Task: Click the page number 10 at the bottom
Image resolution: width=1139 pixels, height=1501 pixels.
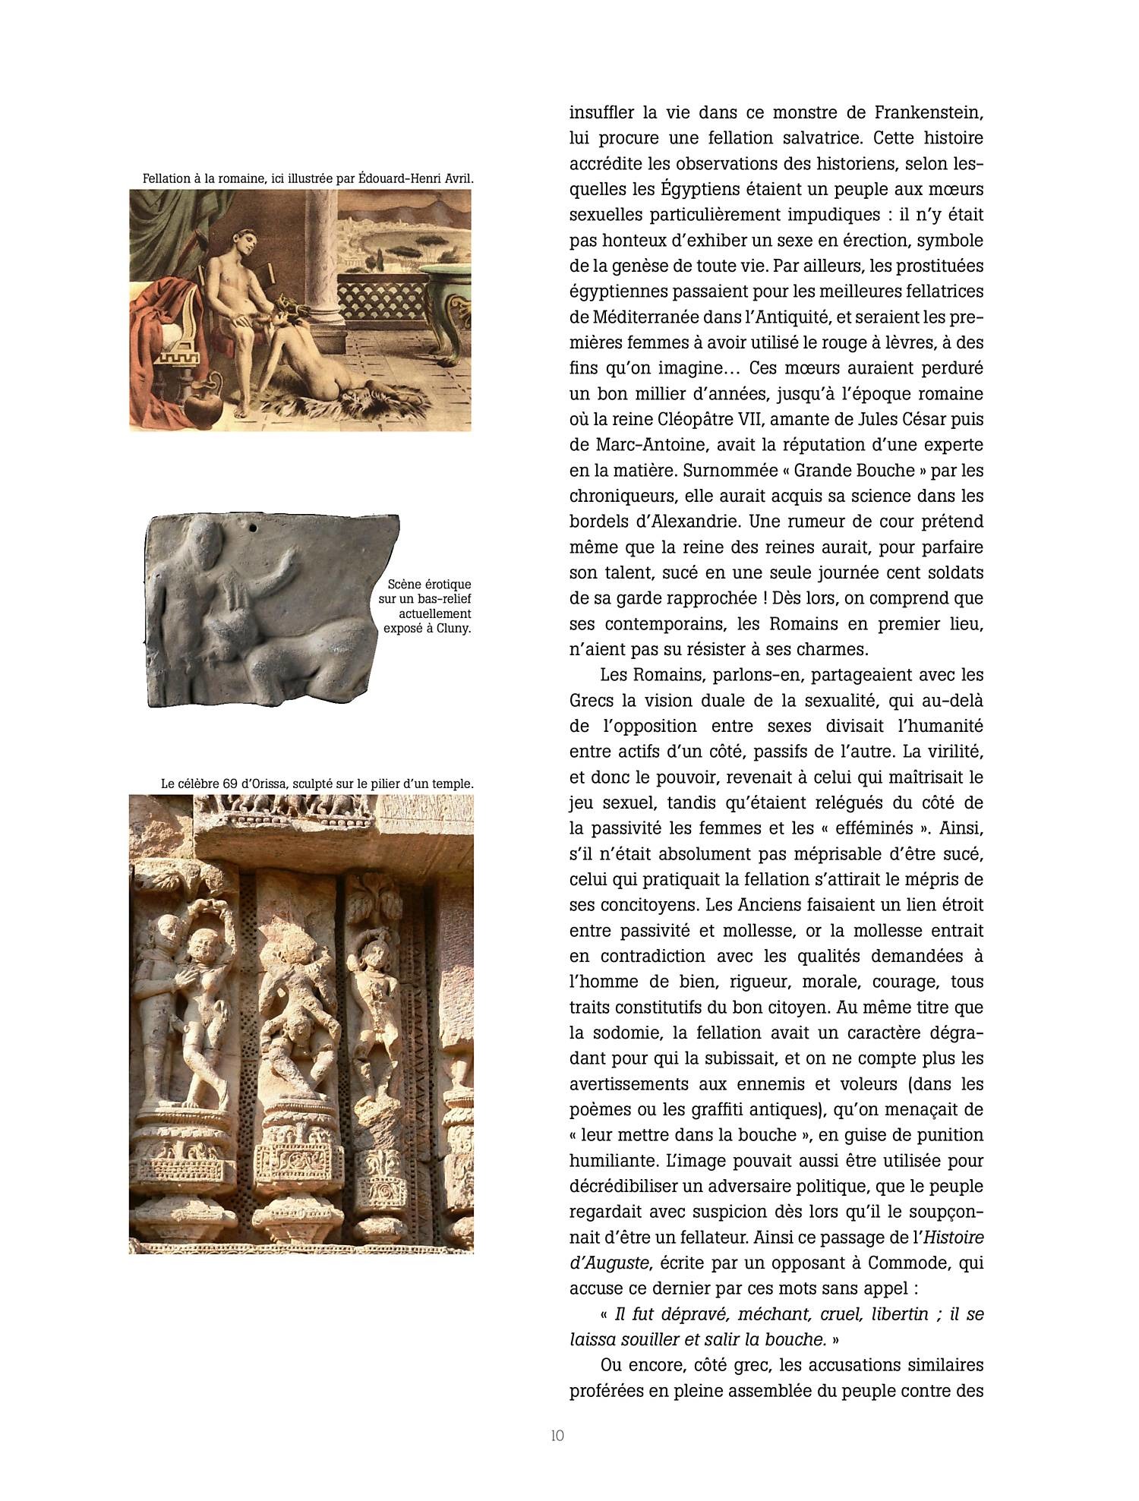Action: click(x=557, y=1435)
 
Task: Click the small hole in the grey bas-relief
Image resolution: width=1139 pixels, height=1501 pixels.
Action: click(x=254, y=525)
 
